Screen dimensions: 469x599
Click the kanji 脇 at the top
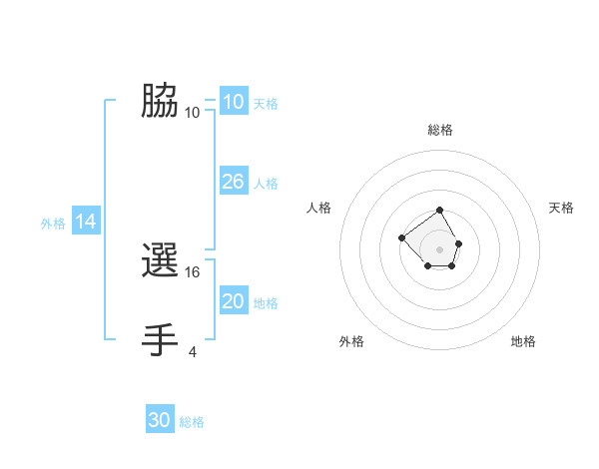(x=160, y=101)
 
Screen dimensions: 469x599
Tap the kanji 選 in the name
(x=160, y=262)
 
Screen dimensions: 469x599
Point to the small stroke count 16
(x=194, y=271)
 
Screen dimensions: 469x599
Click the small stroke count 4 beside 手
(x=192, y=350)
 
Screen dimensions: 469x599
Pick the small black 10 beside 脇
(x=192, y=112)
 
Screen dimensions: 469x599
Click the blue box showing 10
(x=233, y=102)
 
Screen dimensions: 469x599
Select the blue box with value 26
(x=233, y=182)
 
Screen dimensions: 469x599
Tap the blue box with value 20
(x=233, y=301)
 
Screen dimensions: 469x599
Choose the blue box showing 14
(x=86, y=222)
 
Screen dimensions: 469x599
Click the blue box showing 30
(x=159, y=420)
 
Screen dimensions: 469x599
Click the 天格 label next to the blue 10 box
(x=266, y=104)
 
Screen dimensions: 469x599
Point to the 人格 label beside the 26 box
(x=266, y=184)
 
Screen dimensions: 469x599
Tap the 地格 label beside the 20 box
(x=266, y=303)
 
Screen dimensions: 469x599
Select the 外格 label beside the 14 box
(x=53, y=224)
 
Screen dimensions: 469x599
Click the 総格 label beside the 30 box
(x=192, y=422)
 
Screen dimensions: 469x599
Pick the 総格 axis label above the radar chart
(x=440, y=130)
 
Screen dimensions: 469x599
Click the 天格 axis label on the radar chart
(x=562, y=208)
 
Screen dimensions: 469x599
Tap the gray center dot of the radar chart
(x=440, y=249)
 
